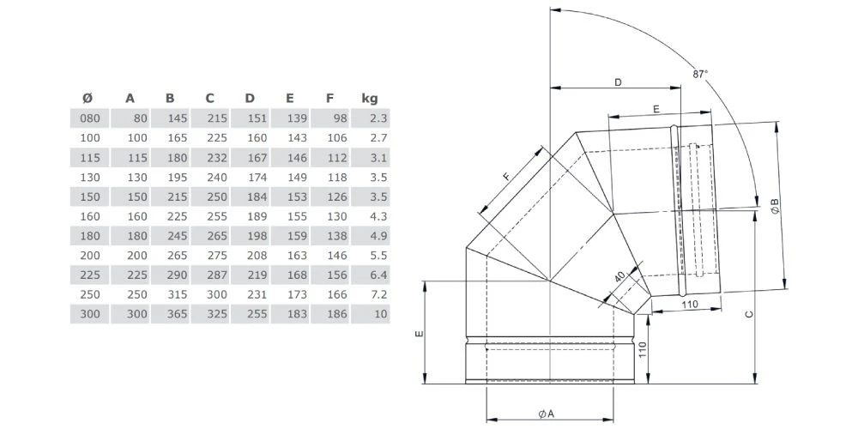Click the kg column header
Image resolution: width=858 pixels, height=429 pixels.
370,98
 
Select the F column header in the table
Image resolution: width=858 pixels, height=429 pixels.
329,98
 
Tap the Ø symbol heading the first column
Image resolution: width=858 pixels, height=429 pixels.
88,98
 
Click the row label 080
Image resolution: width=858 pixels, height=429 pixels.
90,118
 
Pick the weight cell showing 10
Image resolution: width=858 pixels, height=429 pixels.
381,314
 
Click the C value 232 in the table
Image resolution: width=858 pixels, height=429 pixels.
215,157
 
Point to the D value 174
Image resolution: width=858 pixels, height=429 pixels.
256,177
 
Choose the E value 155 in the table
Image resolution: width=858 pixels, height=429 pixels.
296,216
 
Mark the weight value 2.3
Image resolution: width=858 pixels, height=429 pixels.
378,118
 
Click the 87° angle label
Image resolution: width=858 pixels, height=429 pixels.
701,75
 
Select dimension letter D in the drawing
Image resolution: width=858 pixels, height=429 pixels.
618,82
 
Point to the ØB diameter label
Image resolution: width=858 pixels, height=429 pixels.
774,206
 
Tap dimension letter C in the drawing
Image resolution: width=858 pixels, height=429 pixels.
748,316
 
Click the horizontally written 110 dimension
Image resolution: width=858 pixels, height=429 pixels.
687,304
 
